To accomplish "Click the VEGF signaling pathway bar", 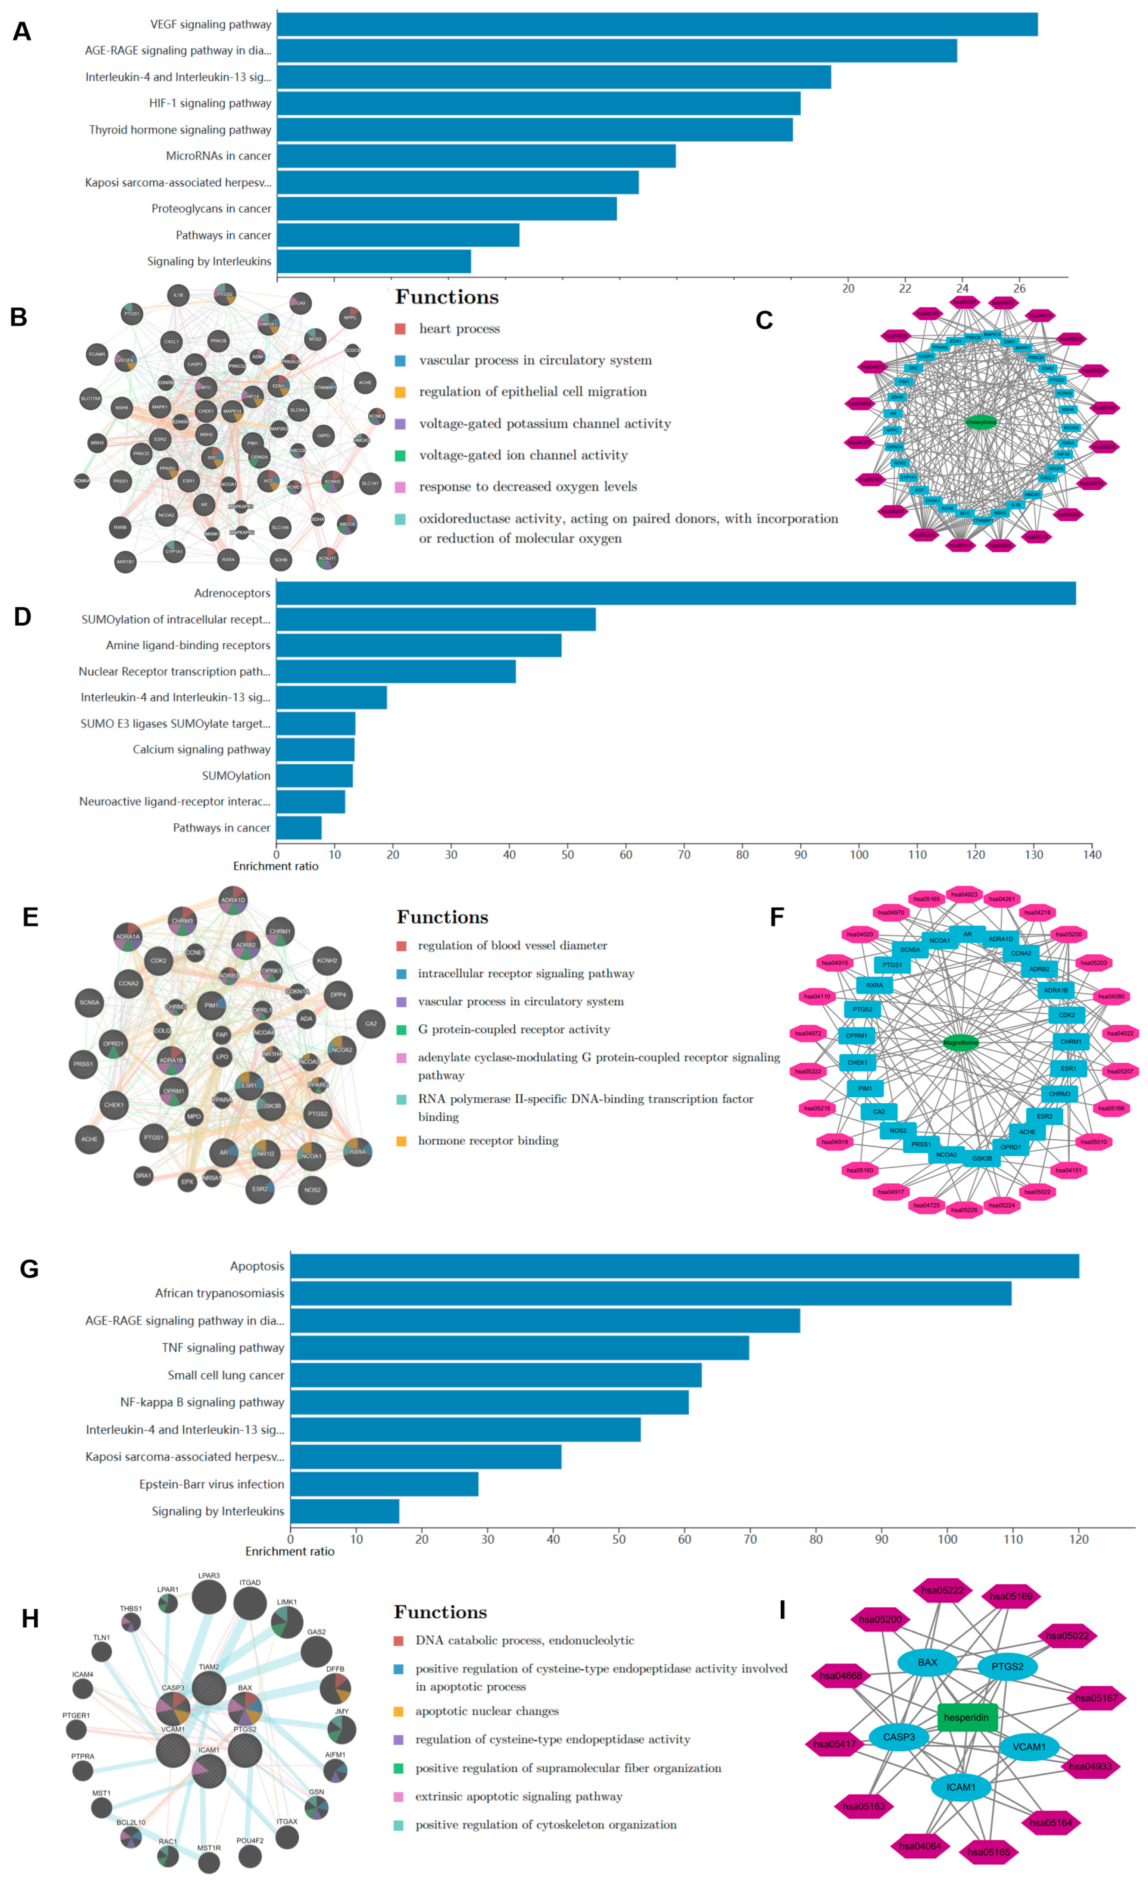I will pos(657,25).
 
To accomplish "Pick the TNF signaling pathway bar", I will pos(520,1347).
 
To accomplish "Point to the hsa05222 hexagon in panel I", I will pos(942,1590).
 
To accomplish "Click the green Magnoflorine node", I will pos(961,1042).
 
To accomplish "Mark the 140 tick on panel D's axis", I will pos(1092,854).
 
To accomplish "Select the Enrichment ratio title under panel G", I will pos(290,1551).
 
